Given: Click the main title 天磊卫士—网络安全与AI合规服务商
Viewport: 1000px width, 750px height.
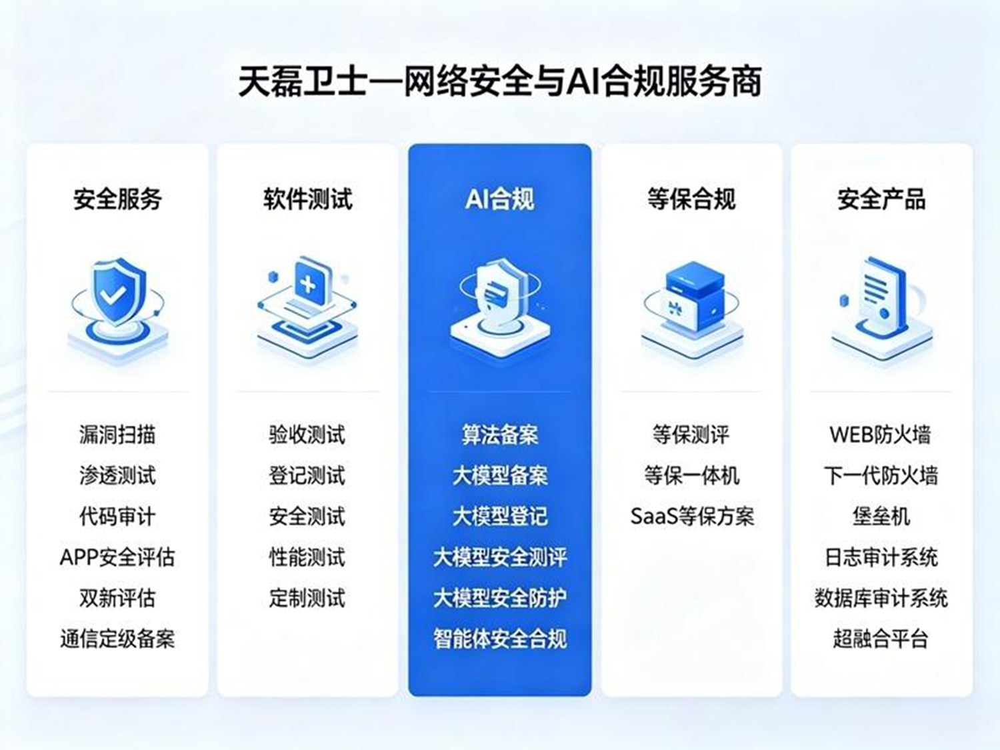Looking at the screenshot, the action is click(500, 82).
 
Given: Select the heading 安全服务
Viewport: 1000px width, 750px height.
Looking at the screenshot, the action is click(117, 199).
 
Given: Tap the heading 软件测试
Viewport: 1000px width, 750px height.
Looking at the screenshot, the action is click(307, 199).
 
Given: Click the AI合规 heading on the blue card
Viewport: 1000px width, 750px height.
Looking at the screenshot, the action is click(500, 199).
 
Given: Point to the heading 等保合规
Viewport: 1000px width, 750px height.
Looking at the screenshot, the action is click(691, 199).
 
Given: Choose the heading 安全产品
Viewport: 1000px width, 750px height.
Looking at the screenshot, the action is click(881, 199).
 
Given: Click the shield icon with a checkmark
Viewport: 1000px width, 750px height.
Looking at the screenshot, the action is click(117, 309).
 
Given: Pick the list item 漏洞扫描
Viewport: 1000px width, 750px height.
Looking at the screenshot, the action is click(117, 435).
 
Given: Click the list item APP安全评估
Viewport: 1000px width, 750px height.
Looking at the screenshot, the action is click(117, 557).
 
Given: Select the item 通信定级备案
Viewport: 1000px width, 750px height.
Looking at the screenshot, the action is click(117, 639).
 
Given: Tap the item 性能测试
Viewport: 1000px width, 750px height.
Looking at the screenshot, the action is click(307, 557).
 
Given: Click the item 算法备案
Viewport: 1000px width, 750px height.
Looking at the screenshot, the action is click(500, 435).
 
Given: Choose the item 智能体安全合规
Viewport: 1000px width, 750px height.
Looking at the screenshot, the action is click(500, 639).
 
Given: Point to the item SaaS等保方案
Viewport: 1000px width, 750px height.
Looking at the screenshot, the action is click(692, 517).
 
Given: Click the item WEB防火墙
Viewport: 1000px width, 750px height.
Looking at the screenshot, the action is click(880, 435).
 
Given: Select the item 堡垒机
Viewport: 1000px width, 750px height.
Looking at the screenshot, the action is click(881, 517).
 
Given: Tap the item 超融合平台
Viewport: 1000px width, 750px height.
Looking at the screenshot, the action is click(881, 639).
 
